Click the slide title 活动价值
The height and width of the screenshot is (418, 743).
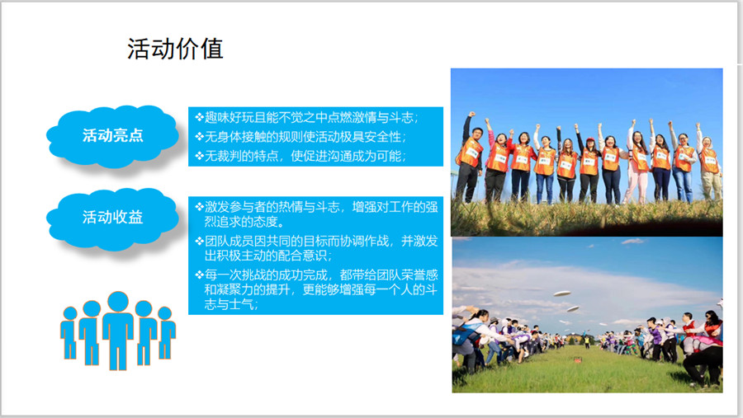click(x=175, y=49)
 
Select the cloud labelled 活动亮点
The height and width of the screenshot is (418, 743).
click(x=113, y=135)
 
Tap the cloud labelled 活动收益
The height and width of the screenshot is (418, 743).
click(x=113, y=218)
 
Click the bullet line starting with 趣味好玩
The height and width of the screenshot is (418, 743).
click(x=306, y=117)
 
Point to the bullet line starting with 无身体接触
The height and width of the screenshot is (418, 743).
click(x=301, y=137)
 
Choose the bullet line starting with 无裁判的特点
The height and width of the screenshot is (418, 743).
click(x=301, y=156)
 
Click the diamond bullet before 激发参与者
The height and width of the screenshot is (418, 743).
click(x=199, y=206)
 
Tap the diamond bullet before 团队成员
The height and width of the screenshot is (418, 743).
click(x=199, y=241)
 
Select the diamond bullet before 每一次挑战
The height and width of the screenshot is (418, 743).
click(x=199, y=275)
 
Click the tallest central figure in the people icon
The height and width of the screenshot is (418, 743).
click(x=118, y=330)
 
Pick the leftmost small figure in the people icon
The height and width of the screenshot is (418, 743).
click(x=69, y=333)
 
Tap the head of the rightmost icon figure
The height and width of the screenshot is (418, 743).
click(x=164, y=313)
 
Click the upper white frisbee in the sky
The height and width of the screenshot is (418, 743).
click(x=561, y=294)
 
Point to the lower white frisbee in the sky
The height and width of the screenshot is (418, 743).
click(x=573, y=309)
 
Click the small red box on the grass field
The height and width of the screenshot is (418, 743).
click(x=578, y=359)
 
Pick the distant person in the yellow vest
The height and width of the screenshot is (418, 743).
click(x=587, y=341)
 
